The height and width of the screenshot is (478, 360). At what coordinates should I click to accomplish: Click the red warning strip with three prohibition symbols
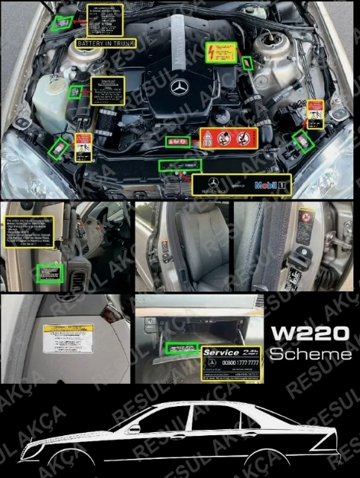(x=228, y=138)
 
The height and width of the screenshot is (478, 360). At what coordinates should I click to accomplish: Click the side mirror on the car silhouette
(x=135, y=429)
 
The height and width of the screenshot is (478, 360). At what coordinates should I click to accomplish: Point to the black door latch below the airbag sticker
(x=304, y=253)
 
